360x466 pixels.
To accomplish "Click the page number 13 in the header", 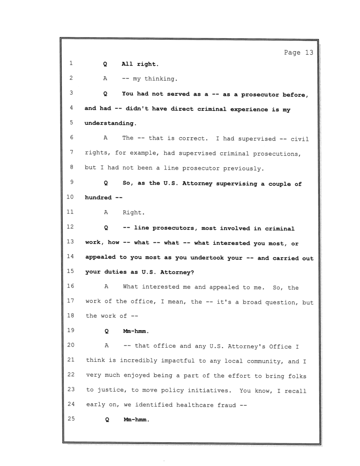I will click(x=308, y=53).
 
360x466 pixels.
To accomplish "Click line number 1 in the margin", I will click(x=71, y=64).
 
